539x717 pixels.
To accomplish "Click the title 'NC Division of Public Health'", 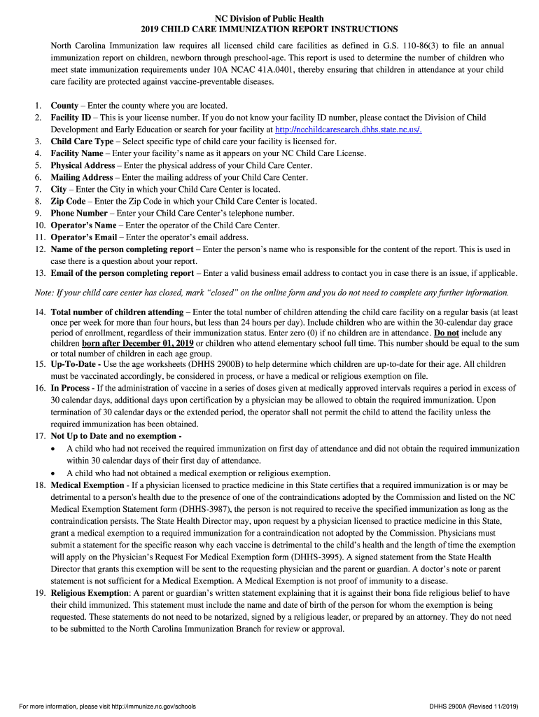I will point(269,18).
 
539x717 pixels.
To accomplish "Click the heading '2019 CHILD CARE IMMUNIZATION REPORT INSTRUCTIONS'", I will point(269,29).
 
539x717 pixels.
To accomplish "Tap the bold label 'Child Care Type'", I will point(82,141).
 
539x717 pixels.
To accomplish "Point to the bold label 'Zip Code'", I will point(68,201).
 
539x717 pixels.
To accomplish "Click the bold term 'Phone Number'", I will point(79,213).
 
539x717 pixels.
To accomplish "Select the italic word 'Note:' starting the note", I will point(45,292).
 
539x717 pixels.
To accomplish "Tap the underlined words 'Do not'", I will point(448,333).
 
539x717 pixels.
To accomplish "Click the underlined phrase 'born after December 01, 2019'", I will point(137,344).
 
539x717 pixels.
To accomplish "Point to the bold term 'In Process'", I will point(71,387).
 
